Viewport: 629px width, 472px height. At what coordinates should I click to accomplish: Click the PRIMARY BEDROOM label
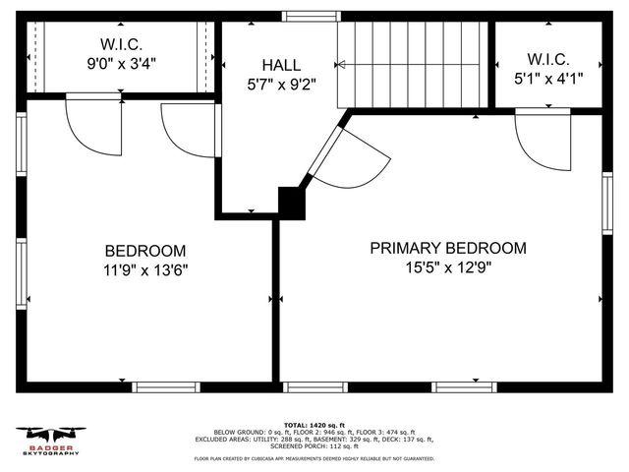(x=447, y=248)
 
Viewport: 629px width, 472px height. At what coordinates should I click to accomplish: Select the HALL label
(x=280, y=64)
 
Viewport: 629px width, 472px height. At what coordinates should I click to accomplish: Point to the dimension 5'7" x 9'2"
(x=280, y=84)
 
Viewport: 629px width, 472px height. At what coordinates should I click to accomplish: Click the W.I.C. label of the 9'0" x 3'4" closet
(x=122, y=43)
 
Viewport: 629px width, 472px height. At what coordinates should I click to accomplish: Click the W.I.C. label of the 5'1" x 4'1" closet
(x=547, y=60)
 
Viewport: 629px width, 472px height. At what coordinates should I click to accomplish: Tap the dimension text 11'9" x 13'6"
(x=144, y=269)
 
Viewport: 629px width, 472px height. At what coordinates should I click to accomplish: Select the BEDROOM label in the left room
(x=144, y=251)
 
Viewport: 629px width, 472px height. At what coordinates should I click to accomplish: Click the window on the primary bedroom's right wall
(x=606, y=202)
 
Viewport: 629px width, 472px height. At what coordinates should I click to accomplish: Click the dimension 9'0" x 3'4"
(x=122, y=62)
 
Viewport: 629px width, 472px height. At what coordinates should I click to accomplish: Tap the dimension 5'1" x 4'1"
(x=547, y=79)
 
